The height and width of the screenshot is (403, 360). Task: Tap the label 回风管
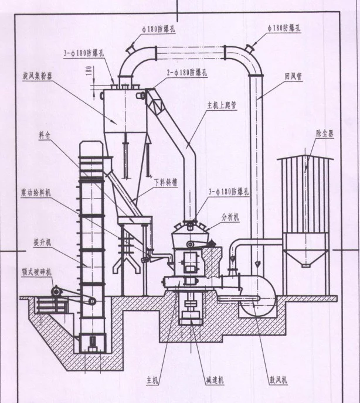292,77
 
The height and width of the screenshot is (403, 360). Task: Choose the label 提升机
43,240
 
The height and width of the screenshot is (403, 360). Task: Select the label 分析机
230,216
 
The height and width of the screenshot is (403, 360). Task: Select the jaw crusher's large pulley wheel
56,291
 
